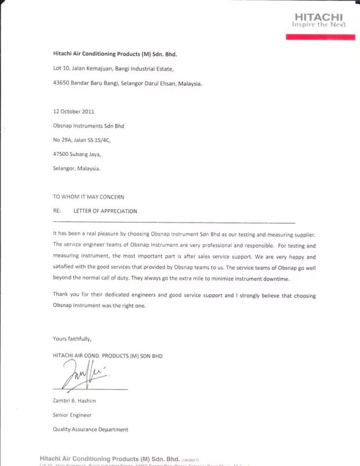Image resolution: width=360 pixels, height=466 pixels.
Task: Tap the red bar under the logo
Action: pos(320,37)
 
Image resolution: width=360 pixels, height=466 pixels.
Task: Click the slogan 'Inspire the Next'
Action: pos(319,25)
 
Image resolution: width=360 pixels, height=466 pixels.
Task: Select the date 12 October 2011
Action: pos(73,111)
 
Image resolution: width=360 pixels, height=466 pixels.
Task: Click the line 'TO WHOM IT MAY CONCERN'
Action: pos(89,197)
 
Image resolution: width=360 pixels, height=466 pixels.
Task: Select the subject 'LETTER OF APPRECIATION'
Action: pos(105,211)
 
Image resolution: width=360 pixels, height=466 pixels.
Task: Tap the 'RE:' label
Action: pos(57,211)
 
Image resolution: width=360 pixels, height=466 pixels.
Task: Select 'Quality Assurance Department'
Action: pos(90,430)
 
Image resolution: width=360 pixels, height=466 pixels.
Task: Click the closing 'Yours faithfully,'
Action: pos(72,338)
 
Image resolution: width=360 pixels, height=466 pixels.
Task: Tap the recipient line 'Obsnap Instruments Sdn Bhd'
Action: pos(89,126)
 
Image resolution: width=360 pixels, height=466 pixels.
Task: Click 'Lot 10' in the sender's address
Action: pos(60,69)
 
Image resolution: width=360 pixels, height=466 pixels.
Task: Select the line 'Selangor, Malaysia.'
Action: pos(76,168)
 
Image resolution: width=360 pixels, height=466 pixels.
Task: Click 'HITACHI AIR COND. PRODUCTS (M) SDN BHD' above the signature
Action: pos(108,355)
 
